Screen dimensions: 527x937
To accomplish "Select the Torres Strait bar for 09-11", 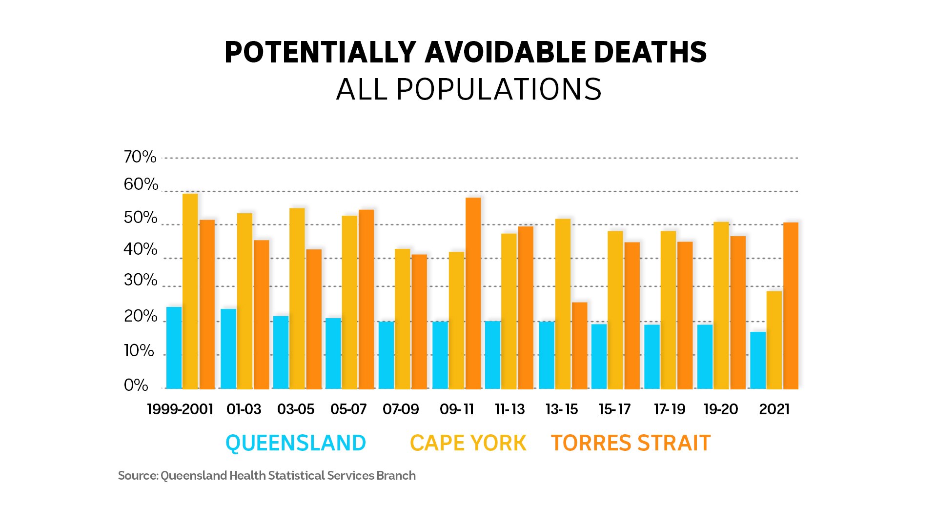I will [473, 293].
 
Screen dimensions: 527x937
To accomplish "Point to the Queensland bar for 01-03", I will [228, 349].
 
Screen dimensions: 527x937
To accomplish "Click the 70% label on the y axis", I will [140, 157].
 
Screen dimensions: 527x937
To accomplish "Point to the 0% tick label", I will [136, 385].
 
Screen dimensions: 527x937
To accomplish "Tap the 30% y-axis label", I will [140, 281].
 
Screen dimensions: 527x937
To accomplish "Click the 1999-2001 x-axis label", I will [180, 409].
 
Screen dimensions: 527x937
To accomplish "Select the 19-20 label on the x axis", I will [720, 409].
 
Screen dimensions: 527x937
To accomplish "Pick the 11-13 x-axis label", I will [509, 409].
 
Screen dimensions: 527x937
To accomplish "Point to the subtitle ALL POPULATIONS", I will [468, 90].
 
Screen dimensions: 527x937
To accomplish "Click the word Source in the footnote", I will [138, 476].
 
